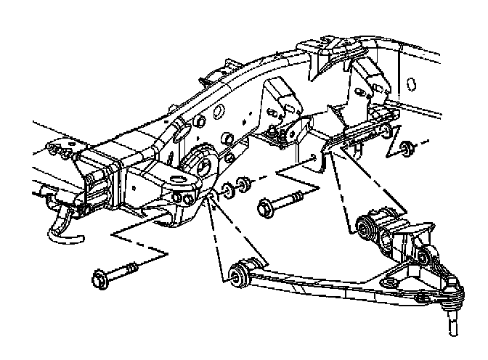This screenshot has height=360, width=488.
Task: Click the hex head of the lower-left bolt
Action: [100, 277]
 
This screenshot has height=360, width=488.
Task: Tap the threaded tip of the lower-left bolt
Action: [134, 267]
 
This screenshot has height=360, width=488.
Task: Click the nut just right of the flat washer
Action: [245, 185]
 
